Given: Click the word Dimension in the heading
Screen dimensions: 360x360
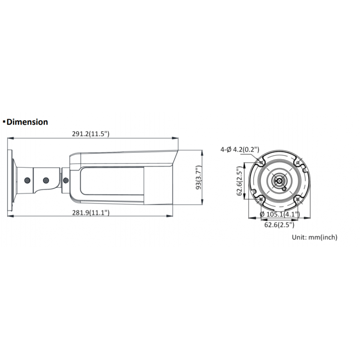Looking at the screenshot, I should point(27,122).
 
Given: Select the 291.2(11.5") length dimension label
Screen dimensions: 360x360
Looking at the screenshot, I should point(91,134).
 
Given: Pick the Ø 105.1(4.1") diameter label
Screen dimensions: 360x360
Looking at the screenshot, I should point(279,214).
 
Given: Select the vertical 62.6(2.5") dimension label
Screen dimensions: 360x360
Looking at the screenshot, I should point(240,181).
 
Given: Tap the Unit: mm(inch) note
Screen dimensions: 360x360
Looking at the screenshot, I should point(314,237).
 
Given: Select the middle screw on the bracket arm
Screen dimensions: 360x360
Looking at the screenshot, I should point(45,180).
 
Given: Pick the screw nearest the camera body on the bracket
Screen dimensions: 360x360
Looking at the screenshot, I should point(65,180).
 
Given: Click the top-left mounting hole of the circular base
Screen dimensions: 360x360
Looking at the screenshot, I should point(261,163).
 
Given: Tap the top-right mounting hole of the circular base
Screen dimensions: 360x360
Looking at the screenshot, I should point(298,163).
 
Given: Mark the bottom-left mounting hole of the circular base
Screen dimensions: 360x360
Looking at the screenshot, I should point(261,199).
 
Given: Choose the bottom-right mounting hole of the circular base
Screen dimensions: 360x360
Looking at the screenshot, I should point(298,199).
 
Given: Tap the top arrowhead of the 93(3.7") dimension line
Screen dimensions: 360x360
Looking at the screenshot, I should point(202,152).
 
